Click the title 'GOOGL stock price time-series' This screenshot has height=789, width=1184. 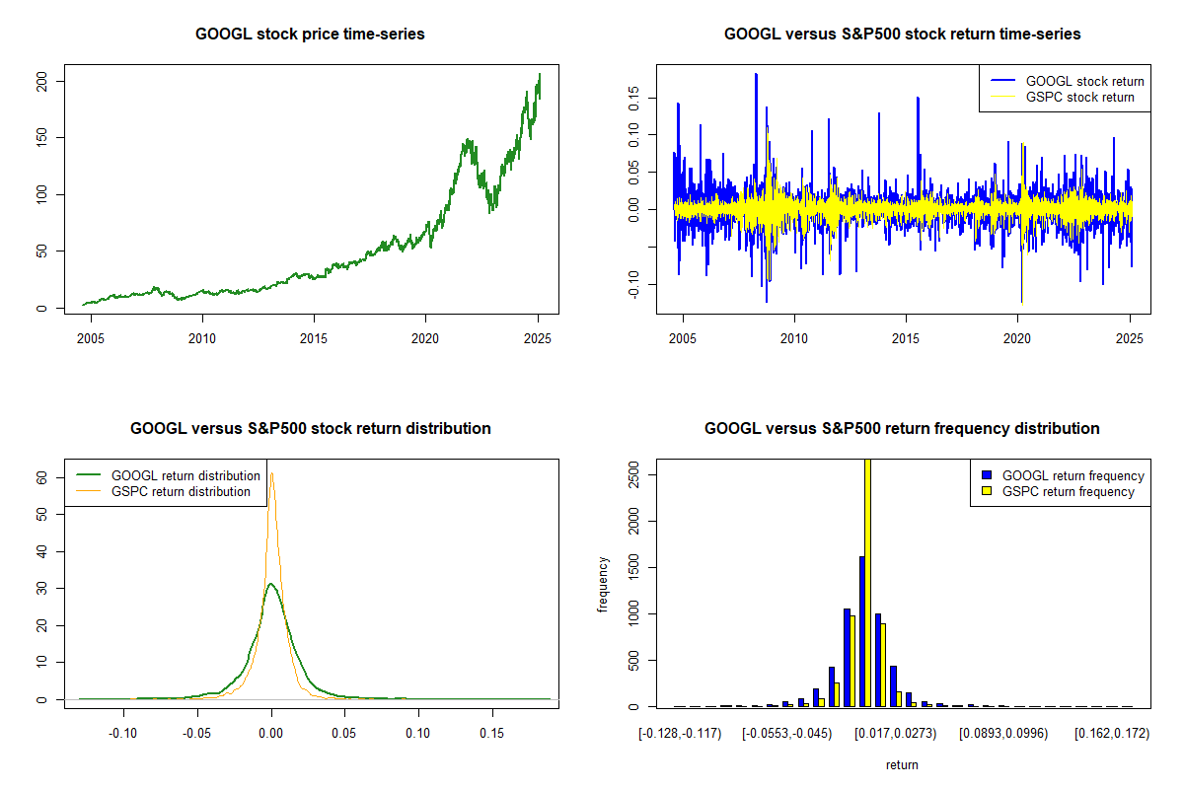[x=310, y=34]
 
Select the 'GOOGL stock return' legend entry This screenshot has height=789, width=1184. [x=1068, y=81]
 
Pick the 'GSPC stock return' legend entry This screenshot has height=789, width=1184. [x=1063, y=98]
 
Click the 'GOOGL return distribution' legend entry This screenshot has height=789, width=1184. [x=168, y=475]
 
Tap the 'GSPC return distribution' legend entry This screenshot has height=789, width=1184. [x=164, y=491]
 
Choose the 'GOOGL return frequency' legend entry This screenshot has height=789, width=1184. [x=1063, y=475]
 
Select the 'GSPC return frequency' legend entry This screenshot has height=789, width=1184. [x=1058, y=491]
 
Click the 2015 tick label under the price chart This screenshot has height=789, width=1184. [x=314, y=338]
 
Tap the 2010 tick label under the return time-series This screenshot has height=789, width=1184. [x=794, y=338]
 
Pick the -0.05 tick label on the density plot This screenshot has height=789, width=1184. [x=196, y=734]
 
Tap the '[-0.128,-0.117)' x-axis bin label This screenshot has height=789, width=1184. [x=680, y=734]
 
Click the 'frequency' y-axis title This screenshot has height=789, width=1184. [x=603, y=585]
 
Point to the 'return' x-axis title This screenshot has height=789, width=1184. [x=902, y=764]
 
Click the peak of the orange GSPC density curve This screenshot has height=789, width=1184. [x=271, y=473]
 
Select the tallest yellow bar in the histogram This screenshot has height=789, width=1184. [x=867, y=583]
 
